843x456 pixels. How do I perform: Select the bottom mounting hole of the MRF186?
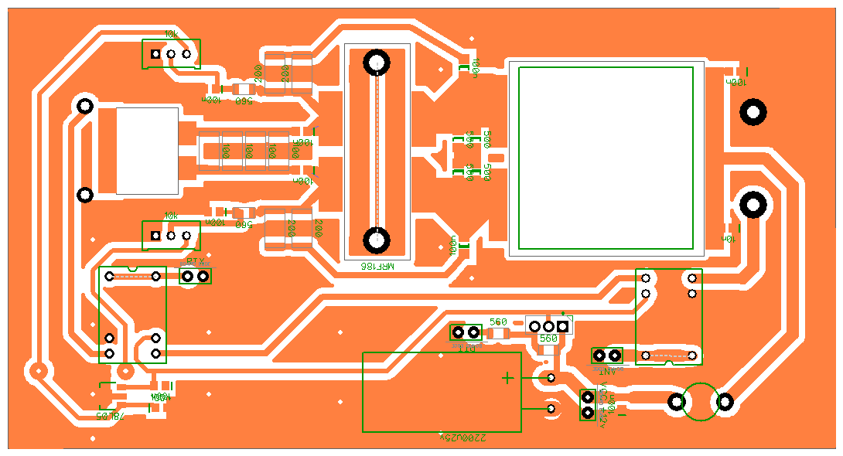pyautogui.click(x=377, y=240)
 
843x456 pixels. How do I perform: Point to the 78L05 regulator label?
pyautogui.click(x=110, y=416)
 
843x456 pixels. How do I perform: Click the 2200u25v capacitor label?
pyautogui.click(x=463, y=437)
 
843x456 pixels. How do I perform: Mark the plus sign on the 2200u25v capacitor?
pyautogui.click(x=507, y=378)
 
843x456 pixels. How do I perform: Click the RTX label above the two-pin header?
pyautogui.click(x=195, y=261)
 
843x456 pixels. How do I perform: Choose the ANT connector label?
pyautogui.click(x=607, y=370)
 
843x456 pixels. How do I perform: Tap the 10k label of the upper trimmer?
pyautogui.click(x=171, y=35)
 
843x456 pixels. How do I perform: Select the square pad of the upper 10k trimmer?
pyautogui.click(x=155, y=54)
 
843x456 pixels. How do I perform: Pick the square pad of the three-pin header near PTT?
pyautogui.click(x=563, y=327)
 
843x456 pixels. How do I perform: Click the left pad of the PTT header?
pyautogui.click(x=458, y=332)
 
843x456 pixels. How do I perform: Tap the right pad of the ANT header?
pyautogui.click(x=615, y=356)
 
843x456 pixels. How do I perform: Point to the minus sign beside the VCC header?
pyautogui.click(x=620, y=413)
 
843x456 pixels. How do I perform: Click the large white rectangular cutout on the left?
pyautogui.click(x=147, y=150)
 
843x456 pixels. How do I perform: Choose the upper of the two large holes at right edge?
pyautogui.click(x=753, y=113)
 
